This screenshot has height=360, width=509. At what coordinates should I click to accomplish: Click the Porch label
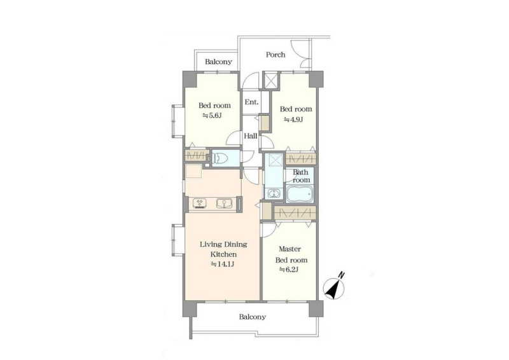click(x=275, y=55)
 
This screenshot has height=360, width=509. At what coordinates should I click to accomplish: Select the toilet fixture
click(x=221, y=159)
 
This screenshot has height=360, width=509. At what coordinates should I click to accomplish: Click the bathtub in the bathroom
click(x=300, y=194)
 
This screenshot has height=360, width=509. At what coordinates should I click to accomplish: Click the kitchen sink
click(x=225, y=204)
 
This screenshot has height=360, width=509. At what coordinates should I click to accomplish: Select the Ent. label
click(x=251, y=102)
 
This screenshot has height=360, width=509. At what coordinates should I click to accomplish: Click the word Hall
click(x=251, y=136)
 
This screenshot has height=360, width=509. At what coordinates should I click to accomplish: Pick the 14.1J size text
click(x=223, y=264)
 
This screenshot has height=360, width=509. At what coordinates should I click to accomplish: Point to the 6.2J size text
click(x=289, y=270)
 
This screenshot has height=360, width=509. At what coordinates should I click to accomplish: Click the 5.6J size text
click(x=212, y=115)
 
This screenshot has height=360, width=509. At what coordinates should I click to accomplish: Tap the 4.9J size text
click(x=293, y=119)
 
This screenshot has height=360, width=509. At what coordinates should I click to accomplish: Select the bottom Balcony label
click(x=253, y=317)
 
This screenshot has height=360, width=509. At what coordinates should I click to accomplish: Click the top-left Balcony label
click(x=218, y=61)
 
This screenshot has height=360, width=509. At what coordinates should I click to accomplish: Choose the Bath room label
click(x=301, y=176)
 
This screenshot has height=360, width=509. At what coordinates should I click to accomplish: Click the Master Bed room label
click(x=291, y=254)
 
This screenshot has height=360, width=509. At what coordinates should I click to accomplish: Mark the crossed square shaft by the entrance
click(x=271, y=80)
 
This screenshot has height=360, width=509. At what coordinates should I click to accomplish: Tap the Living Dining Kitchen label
click(x=223, y=249)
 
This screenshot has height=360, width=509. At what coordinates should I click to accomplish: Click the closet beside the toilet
click(x=197, y=155)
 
